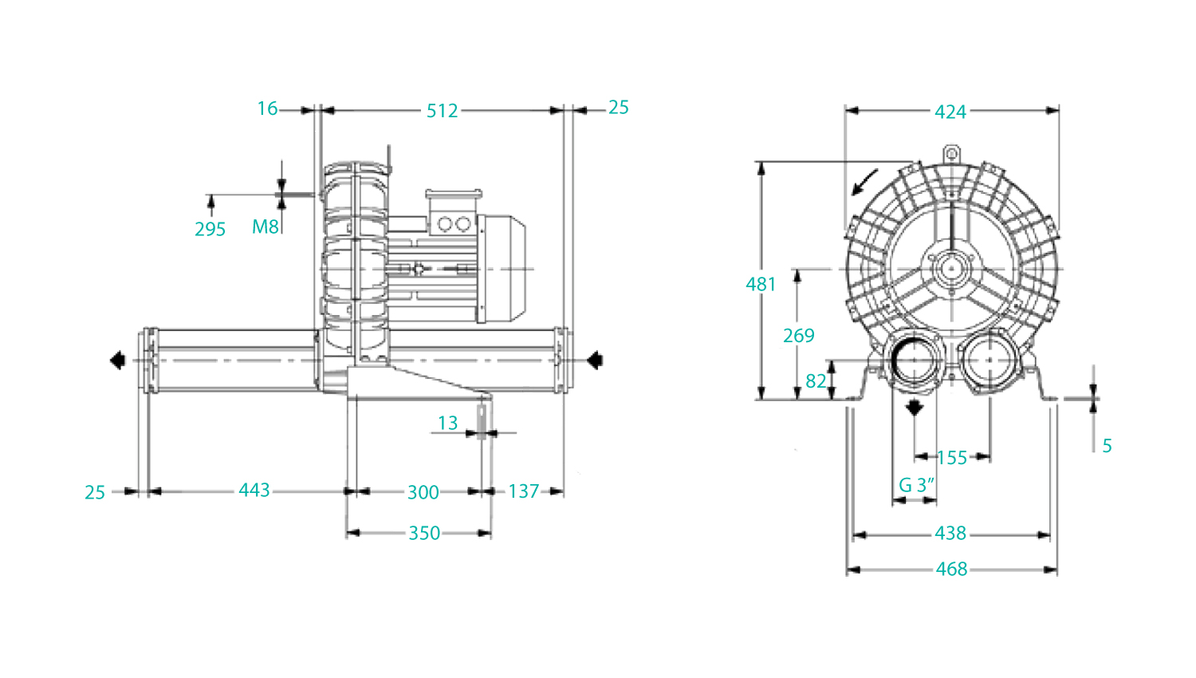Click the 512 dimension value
coord(442,111)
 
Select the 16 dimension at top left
coord(267,108)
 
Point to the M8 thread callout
coord(266,227)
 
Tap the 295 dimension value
coord(210,229)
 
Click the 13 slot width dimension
coord(447,423)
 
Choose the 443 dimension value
coord(254,490)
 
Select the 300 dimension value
coord(423,492)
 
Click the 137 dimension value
coord(523,491)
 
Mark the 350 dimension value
coord(424,533)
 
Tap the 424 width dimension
coord(950,112)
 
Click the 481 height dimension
coord(761,284)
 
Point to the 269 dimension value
coord(799,336)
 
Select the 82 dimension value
coord(816,381)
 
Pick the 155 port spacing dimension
coord(952,458)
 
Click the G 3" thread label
coord(917,485)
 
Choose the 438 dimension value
coord(950,533)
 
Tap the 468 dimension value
coord(951,569)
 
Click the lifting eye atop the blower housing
coord(951,154)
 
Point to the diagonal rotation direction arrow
coord(864,183)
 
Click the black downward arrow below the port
coord(915,407)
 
